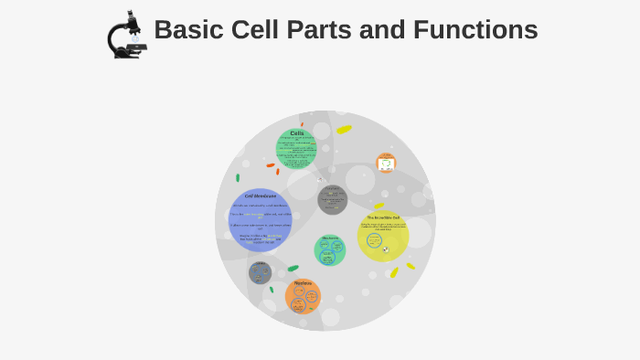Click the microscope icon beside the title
pyautogui.click(x=126, y=36)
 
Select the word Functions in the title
pyautogui.click(x=475, y=30)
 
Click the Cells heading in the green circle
pyautogui.click(x=296, y=133)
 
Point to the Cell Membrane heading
pyautogui.click(x=260, y=196)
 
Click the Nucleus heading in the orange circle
pyautogui.click(x=303, y=283)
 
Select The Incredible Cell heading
pyautogui.click(x=383, y=217)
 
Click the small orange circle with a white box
pyautogui.click(x=387, y=163)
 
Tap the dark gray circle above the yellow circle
pyautogui.click(x=333, y=200)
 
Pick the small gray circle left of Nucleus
pyautogui.click(x=260, y=272)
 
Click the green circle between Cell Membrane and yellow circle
pyautogui.click(x=330, y=249)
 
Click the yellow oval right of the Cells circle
pyautogui.click(x=344, y=130)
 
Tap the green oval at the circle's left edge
pyautogui.click(x=238, y=178)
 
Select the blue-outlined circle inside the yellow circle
pyautogui.click(x=374, y=240)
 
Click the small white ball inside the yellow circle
pyautogui.click(x=386, y=249)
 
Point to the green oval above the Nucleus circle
pyautogui.click(x=293, y=269)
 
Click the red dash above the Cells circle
pyautogui.click(x=302, y=124)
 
